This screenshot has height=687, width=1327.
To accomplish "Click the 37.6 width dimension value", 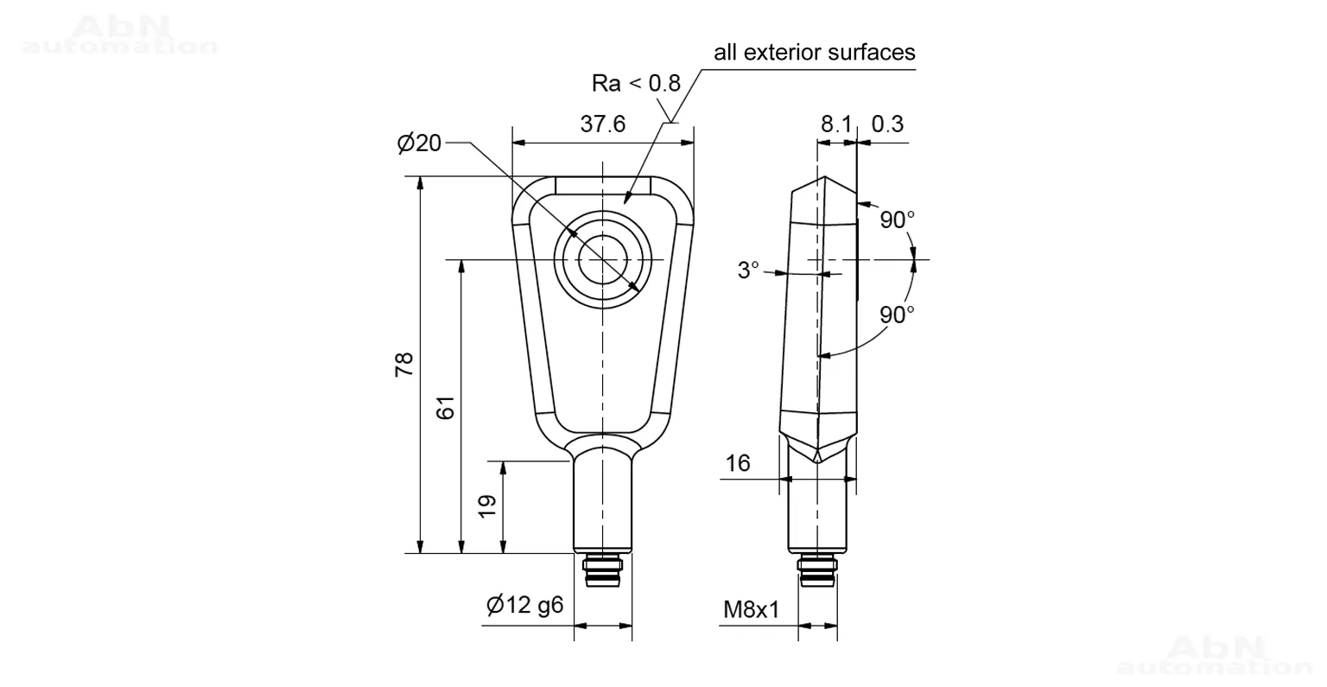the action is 602,124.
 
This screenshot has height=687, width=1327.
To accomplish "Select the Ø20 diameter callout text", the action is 419,143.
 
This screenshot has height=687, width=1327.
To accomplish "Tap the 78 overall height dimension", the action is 404,364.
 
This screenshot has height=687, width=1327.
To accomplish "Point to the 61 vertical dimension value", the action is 446,408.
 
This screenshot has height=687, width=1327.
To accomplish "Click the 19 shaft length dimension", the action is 487,506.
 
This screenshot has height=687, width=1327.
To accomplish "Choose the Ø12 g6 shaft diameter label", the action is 525,605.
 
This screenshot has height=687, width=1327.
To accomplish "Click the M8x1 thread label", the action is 751,609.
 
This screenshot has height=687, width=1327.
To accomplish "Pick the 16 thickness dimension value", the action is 738,463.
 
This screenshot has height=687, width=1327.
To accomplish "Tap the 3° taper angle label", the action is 747,270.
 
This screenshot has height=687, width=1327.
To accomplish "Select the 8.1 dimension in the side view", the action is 836,124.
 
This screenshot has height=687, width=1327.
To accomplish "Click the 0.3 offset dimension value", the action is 887,124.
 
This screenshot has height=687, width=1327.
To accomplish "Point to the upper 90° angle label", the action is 897,219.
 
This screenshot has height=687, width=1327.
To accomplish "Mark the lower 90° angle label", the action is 897,315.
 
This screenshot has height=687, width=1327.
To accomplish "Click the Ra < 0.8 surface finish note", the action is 636,84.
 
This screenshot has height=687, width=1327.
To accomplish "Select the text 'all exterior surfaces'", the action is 815,52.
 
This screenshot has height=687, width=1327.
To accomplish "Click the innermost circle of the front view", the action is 602,235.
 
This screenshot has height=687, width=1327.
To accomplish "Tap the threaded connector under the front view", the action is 602,570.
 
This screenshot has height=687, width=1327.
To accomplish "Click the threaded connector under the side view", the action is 817,570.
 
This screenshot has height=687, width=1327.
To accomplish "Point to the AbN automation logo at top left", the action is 120,35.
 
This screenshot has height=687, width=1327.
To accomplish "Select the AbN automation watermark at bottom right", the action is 1215,655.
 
